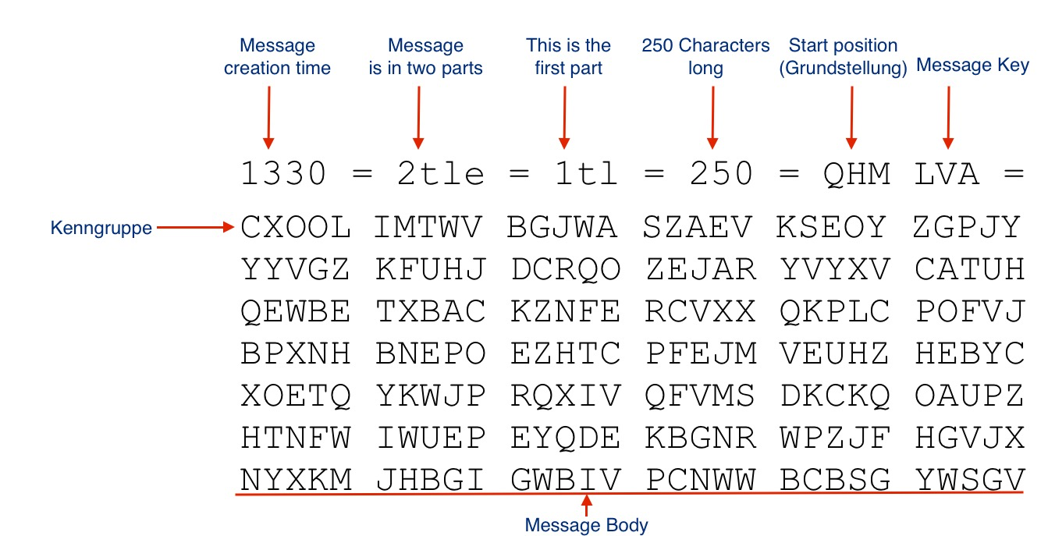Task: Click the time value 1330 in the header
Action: coord(283,174)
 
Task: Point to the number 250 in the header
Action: coord(721,174)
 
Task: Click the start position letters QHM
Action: coord(856,174)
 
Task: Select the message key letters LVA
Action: coord(947,174)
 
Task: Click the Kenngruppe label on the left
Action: coord(101,229)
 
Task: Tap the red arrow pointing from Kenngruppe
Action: coord(195,228)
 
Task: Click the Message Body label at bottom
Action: coord(587,525)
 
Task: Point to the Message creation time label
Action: coord(277,57)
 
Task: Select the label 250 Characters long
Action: coord(705,57)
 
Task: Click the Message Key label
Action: coord(972,66)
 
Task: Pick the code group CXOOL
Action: coord(296,228)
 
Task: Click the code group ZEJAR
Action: coord(701,269)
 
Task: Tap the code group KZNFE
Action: coord(566,311)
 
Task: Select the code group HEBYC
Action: coord(969,353)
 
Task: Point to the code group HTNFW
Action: coord(296,438)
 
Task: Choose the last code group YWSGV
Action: coord(969,479)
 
